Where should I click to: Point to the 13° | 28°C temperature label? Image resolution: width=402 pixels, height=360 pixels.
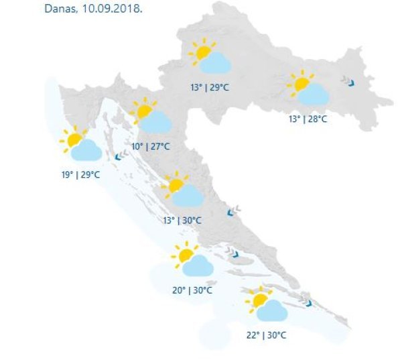(x=308, y=119)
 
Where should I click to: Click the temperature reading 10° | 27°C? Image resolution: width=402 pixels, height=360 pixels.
(x=151, y=147)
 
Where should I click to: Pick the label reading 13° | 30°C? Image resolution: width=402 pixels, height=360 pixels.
(x=182, y=220)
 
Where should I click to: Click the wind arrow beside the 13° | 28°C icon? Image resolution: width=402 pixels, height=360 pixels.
(x=349, y=82)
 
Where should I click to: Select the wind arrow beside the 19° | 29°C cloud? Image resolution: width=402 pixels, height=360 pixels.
(x=117, y=156)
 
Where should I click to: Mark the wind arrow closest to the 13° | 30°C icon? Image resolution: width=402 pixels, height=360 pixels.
(x=232, y=211)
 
